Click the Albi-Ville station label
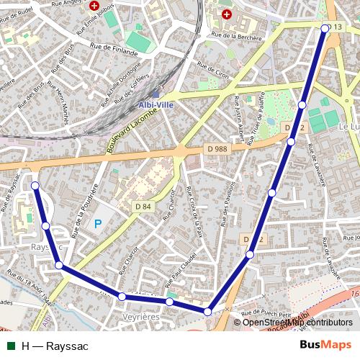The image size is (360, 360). coord(156,104)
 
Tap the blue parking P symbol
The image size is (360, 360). coord(98,224)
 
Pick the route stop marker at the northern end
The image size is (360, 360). coord(325,29)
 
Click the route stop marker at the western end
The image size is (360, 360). coord(35,186)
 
